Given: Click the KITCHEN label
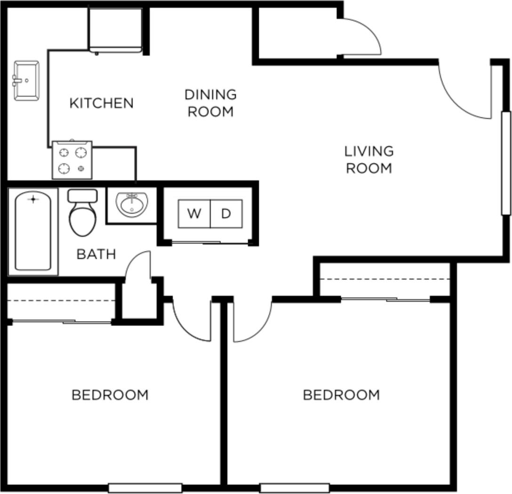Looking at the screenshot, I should (x=101, y=103).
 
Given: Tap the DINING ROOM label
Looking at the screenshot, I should (x=210, y=103).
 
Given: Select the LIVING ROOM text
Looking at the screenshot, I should (x=369, y=160).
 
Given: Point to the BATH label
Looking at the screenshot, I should (x=96, y=254).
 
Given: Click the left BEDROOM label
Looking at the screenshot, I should (x=110, y=395).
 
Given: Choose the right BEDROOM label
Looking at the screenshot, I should (x=341, y=395).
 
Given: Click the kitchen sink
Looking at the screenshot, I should (x=26, y=81).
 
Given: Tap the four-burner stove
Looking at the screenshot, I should (x=72, y=160).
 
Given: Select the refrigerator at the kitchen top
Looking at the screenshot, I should (x=115, y=29).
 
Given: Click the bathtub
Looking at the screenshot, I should (x=33, y=232).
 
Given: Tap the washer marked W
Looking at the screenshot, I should (x=194, y=214).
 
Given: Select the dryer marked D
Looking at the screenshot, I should (x=226, y=214).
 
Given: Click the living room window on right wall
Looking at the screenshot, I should (x=506, y=163).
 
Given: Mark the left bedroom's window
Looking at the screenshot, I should (x=145, y=488).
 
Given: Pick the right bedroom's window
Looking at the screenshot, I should (x=294, y=488).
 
